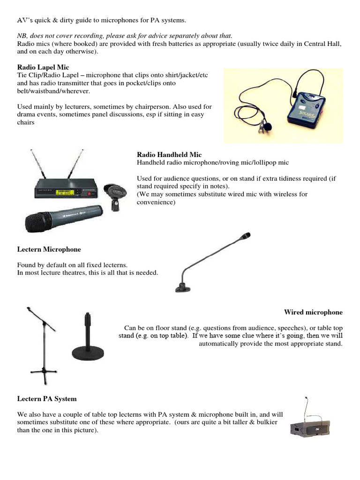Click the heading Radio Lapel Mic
tap(43, 67)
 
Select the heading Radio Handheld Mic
tap(169, 155)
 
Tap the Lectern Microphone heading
tap(49, 249)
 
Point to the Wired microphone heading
tap(313, 312)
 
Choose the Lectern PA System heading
tap(47, 399)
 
